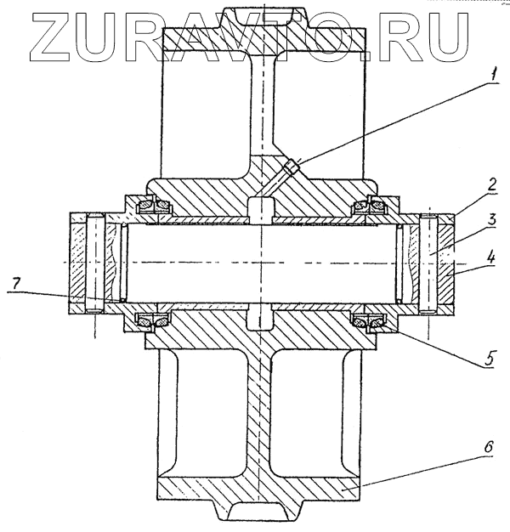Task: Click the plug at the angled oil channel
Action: tap(292, 167)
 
